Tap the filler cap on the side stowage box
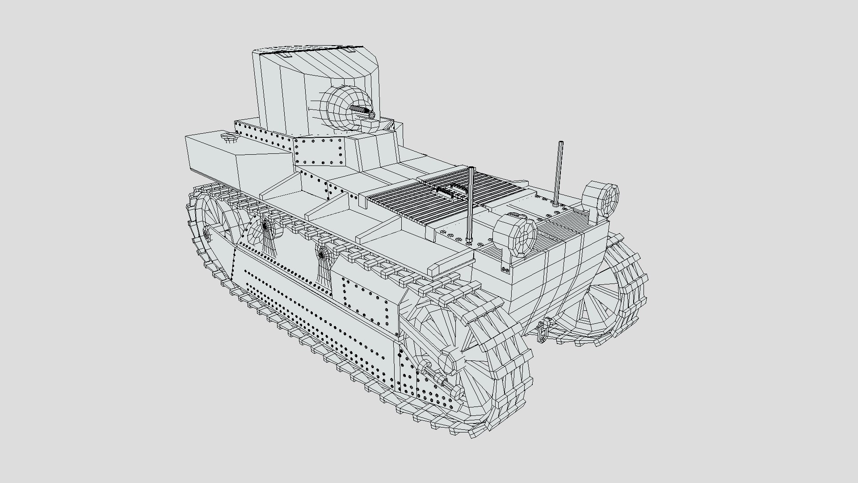coord(230,137)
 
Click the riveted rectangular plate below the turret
coord(318,151)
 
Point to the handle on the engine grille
coord(451,190)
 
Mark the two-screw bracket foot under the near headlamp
coord(505,269)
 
